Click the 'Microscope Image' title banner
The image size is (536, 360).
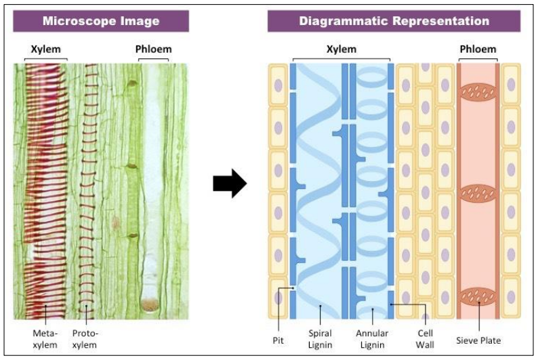coord(101,21)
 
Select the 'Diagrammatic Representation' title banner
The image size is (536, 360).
coord(393,21)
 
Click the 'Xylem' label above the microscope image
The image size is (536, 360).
coord(45,49)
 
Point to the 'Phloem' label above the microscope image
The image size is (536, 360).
coord(154,49)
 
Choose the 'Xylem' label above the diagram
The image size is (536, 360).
coord(341,49)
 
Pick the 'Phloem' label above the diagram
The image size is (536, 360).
coord(478,49)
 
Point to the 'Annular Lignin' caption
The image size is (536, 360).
coord(371,338)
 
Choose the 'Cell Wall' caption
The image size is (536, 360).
coord(425,338)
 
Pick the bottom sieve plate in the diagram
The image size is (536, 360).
coord(478,297)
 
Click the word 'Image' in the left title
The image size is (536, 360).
coord(140,21)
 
